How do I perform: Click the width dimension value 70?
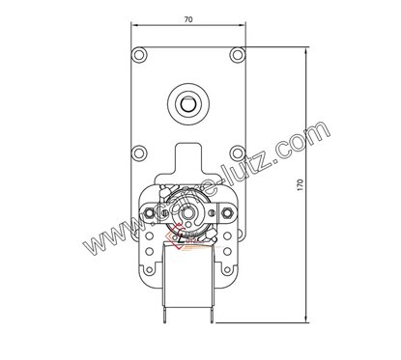tap(189, 18)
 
